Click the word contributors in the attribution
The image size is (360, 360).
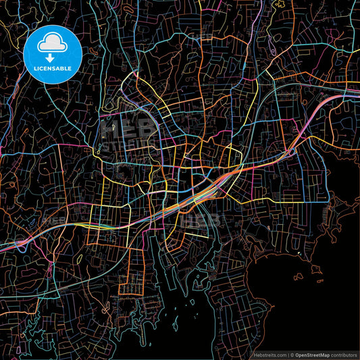344,354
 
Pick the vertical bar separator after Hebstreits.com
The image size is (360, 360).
286,354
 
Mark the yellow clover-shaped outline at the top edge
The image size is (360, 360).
278,5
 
